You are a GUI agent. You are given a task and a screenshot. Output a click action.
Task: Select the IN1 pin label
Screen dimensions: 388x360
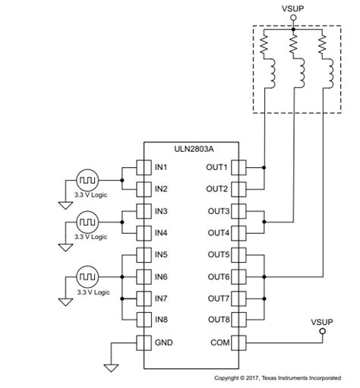pos(162,167)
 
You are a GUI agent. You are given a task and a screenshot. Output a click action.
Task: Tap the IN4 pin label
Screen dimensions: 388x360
pos(162,232)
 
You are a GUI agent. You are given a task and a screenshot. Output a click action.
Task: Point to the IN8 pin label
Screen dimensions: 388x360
pos(162,320)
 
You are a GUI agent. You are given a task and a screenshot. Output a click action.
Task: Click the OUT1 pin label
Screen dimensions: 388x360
pos(217,167)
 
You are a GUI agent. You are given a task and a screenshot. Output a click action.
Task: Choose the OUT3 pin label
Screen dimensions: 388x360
pos(217,210)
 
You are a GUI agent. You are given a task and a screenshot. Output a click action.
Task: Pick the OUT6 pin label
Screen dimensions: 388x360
pos(217,276)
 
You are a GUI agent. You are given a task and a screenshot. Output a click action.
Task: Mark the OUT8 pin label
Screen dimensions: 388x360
pos(217,320)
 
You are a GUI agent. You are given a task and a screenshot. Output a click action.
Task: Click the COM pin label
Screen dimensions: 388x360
pos(219,342)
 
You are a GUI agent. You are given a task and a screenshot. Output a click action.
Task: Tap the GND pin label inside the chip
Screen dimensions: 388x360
pos(163,342)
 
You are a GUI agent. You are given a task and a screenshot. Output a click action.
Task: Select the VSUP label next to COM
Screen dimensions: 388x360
pos(322,321)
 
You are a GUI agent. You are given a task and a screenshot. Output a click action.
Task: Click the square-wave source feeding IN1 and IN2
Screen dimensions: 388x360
pos(85,180)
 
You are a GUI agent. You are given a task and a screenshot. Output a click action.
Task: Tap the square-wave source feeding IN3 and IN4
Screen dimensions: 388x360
pos(85,222)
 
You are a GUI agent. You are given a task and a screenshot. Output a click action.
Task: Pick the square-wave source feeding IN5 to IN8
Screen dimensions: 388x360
pos(85,276)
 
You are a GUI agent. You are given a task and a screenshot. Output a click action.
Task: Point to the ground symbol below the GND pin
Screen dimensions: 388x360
pos(111,368)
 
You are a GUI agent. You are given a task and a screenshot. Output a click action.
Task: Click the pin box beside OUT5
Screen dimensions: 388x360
pos(236,254)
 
